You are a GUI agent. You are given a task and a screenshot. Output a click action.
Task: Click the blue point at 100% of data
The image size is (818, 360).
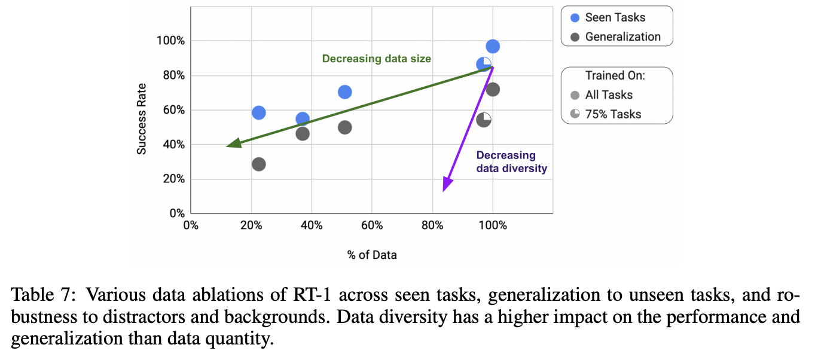(x=493, y=47)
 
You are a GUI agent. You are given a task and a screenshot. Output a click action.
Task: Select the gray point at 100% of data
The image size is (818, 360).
(x=493, y=90)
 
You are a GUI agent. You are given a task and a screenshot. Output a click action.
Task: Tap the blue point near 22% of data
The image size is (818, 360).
(x=259, y=112)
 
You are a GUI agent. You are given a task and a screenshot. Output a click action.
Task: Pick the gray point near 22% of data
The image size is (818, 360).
(x=259, y=164)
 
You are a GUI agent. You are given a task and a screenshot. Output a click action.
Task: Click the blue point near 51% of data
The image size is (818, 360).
(x=344, y=92)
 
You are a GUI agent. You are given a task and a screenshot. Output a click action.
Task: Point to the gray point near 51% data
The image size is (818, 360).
(x=344, y=127)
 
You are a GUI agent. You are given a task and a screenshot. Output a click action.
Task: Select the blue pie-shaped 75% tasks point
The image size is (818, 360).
(x=484, y=64)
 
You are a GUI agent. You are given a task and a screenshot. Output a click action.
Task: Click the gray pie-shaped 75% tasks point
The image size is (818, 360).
(x=484, y=119)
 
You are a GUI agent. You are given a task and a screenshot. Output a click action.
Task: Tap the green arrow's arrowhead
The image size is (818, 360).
(x=234, y=144)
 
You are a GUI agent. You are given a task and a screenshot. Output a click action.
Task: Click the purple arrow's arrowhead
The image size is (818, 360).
(x=445, y=185)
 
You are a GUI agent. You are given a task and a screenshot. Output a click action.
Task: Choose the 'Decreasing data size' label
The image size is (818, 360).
(x=376, y=59)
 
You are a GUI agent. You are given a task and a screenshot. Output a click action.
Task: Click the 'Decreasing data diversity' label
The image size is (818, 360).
(x=511, y=162)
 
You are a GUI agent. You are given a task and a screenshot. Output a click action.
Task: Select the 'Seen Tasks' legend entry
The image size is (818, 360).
(x=615, y=17)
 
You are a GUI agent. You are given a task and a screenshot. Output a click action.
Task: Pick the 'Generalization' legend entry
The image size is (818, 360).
(x=622, y=36)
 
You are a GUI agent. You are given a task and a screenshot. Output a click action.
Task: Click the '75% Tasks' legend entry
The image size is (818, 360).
(x=613, y=114)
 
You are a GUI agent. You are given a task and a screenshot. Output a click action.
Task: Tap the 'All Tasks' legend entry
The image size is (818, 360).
(x=609, y=94)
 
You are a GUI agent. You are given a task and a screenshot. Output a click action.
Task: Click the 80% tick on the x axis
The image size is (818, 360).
(x=432, y=225)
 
